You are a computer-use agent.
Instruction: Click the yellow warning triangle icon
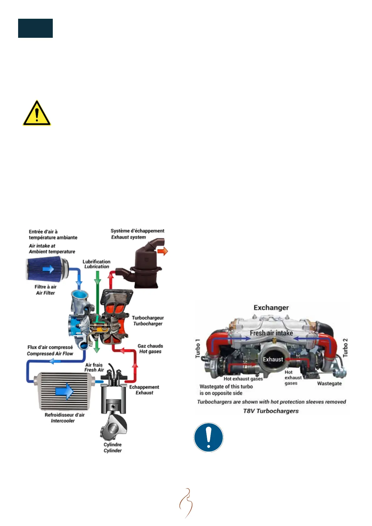(37, 113)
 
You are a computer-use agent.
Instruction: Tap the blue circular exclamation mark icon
(208, 437)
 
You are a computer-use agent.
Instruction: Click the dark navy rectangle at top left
(35, 28)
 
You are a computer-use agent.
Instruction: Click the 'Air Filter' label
(45, 293)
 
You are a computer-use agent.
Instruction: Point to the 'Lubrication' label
(97, 267)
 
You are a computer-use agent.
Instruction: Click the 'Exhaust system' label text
(128, 237)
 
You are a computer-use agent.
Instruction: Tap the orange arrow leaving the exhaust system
(162, 251)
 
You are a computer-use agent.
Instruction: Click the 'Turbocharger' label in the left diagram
(148, 324)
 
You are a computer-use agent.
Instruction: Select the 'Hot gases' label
(150, 351)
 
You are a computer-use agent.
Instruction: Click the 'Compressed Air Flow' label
(50, 354)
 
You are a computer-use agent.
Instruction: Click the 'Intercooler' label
(63, 421)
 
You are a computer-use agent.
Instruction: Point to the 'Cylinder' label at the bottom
(112, 450)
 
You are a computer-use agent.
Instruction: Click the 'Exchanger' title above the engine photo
(271, 308)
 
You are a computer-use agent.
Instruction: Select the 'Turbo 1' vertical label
(197, 348)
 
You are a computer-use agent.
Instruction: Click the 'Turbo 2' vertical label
(345, 348)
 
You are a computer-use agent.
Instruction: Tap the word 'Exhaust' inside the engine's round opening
(273, 360)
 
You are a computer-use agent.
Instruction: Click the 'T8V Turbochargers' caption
(271, 411)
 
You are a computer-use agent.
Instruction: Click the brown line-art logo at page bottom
(186, 503)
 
